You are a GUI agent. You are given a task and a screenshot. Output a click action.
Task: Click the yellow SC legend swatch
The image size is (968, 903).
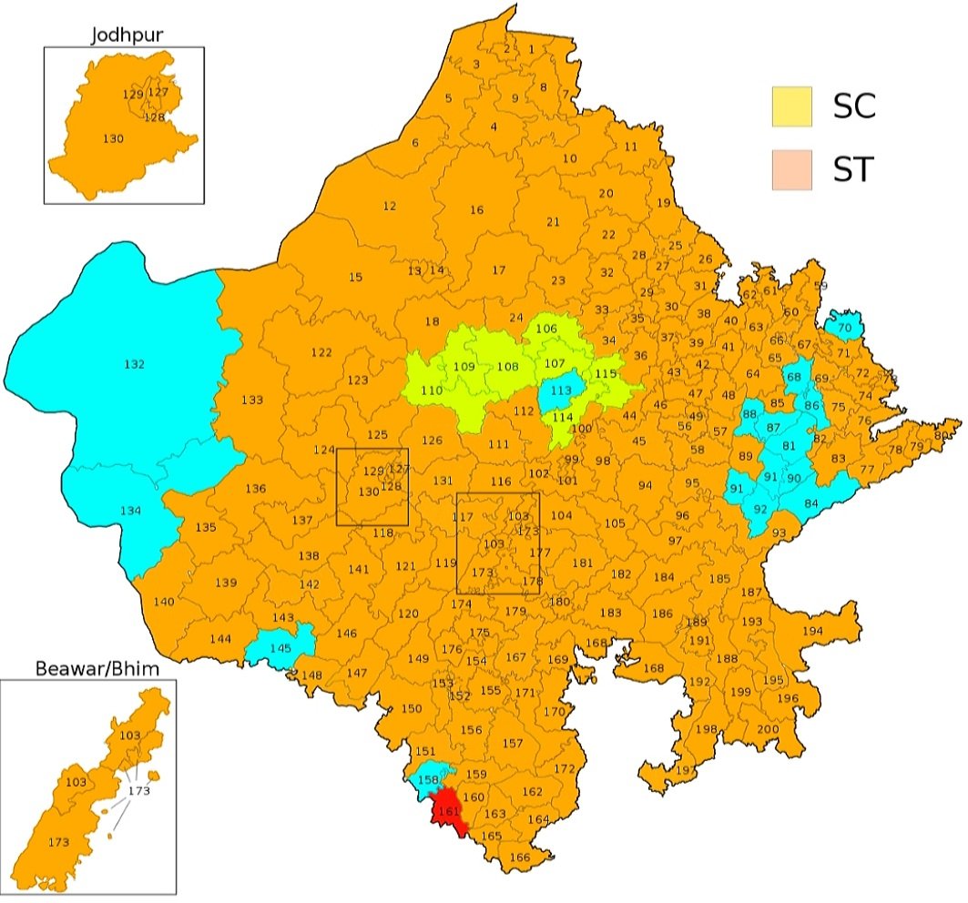[791, 107]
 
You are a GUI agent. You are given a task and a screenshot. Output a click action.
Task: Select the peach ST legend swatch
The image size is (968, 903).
[791, 170]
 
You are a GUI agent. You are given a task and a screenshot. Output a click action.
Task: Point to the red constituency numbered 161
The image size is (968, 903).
[447, 811]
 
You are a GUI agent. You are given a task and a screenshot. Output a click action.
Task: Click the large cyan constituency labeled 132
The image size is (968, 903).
[134, 364]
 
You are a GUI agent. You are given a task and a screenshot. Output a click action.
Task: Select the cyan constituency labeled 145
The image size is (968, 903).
[280, 647]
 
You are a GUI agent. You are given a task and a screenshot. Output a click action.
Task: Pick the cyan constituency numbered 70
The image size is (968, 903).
[844, 327]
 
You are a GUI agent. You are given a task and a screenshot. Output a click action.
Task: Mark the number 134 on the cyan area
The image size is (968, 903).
[131, 511]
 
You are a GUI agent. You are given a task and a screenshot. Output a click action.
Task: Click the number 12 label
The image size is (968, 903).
[390, 207]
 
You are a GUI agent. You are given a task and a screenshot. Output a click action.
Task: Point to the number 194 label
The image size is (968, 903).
[812, 631]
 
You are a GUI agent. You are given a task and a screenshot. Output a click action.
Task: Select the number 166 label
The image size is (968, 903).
[519, 857]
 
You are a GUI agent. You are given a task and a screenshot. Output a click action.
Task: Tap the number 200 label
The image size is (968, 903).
[769, 729]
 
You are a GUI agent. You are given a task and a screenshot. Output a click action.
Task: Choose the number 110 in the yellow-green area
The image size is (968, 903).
[432, 390]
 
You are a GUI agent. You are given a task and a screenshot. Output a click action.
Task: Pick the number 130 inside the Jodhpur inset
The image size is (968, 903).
[114, 137]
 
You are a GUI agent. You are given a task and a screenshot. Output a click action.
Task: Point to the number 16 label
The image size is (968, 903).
[476, 210]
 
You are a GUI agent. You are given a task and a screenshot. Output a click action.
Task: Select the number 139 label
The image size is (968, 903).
[226, 583]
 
